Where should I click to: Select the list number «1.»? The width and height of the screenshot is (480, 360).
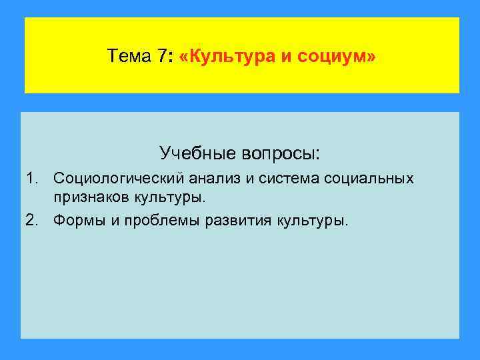click(x=33, y=179)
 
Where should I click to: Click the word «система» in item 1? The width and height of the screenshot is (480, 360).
click(x=287, y=179)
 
